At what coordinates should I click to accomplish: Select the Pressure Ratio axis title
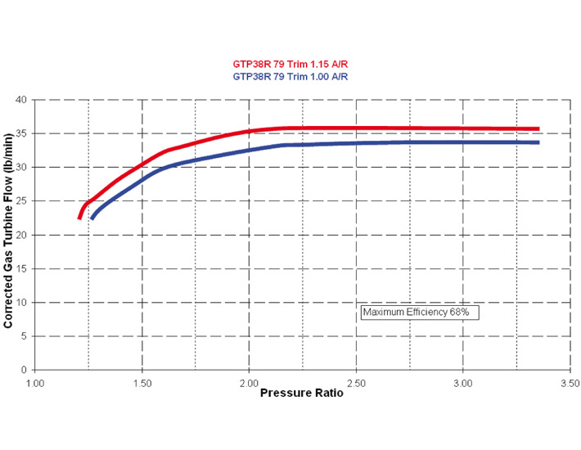pos(302,393)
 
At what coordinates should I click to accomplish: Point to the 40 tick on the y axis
pos(21,100)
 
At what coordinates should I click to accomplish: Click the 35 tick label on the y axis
pos(21,133)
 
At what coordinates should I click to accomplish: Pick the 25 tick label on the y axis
pos(21,201)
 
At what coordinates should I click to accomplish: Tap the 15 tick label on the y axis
pos(21,268)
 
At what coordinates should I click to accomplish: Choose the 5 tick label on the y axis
pos(25,336)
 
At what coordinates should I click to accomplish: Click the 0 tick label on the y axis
pos(25,370)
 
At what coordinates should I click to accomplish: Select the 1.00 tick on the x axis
pos(35,381)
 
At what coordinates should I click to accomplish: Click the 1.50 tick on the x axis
pos(142,381)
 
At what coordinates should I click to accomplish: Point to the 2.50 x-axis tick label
pos(356,381)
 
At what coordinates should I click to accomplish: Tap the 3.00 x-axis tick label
pos(463,381)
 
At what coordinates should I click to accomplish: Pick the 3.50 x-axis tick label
pos(570,381)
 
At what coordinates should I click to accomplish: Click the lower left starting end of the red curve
pos(79,218)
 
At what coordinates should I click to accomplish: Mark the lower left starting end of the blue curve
pos(92,218)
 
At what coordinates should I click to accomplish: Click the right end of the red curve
pos(538,128)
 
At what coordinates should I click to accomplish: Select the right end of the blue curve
pos(538,142)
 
